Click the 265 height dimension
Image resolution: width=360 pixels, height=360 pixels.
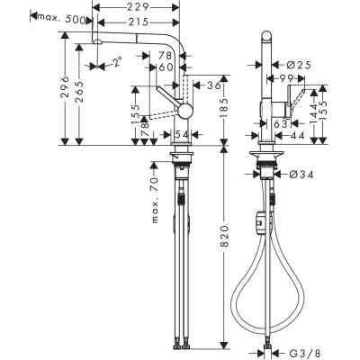pyautogui.click(x=81, y=87)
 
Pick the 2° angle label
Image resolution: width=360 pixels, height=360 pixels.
pyautogui.click(x=115, y=62)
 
